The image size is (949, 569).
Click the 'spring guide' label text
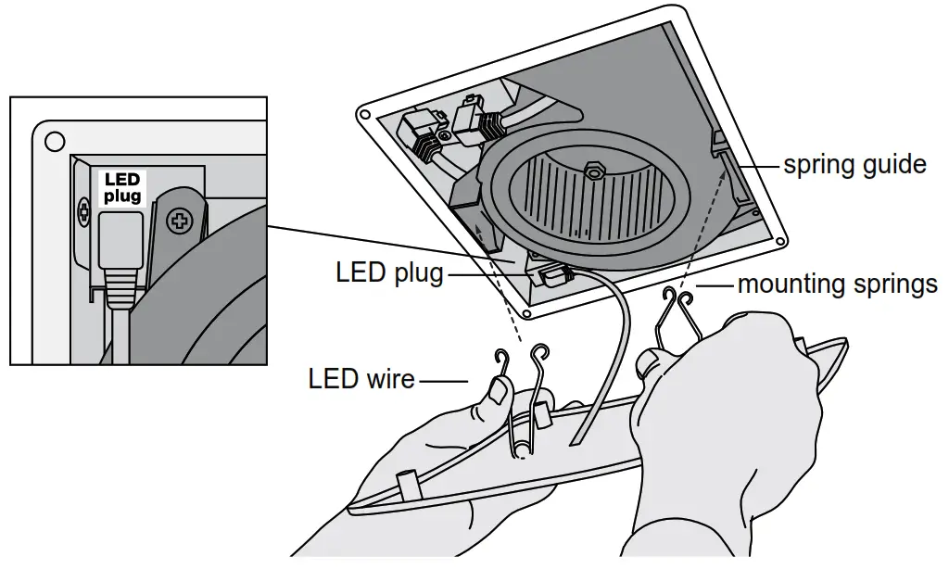(854, 165)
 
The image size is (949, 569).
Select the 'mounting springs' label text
(837, 284)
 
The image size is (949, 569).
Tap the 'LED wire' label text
(361, 378)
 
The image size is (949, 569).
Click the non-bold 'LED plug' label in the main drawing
(389, 274)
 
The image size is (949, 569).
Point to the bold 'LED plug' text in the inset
(121, 188)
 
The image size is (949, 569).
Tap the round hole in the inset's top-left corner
(55, 142)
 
